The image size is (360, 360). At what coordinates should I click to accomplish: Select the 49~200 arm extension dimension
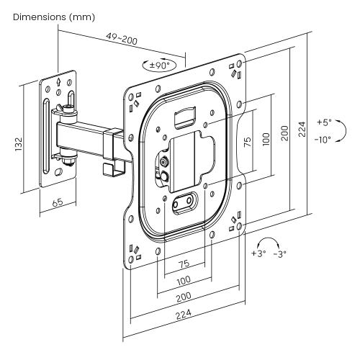click(x=122, y=39)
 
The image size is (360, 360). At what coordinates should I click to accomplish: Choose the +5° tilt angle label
click(x=323, y=122)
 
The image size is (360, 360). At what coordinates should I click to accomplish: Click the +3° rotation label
click(x=258, y=253)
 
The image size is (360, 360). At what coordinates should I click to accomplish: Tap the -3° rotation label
click(x=279, y=253)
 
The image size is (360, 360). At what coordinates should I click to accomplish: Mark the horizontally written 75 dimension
click(x=183, y=264)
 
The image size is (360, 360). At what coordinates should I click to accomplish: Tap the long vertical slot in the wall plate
click(x=48, y=137)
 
